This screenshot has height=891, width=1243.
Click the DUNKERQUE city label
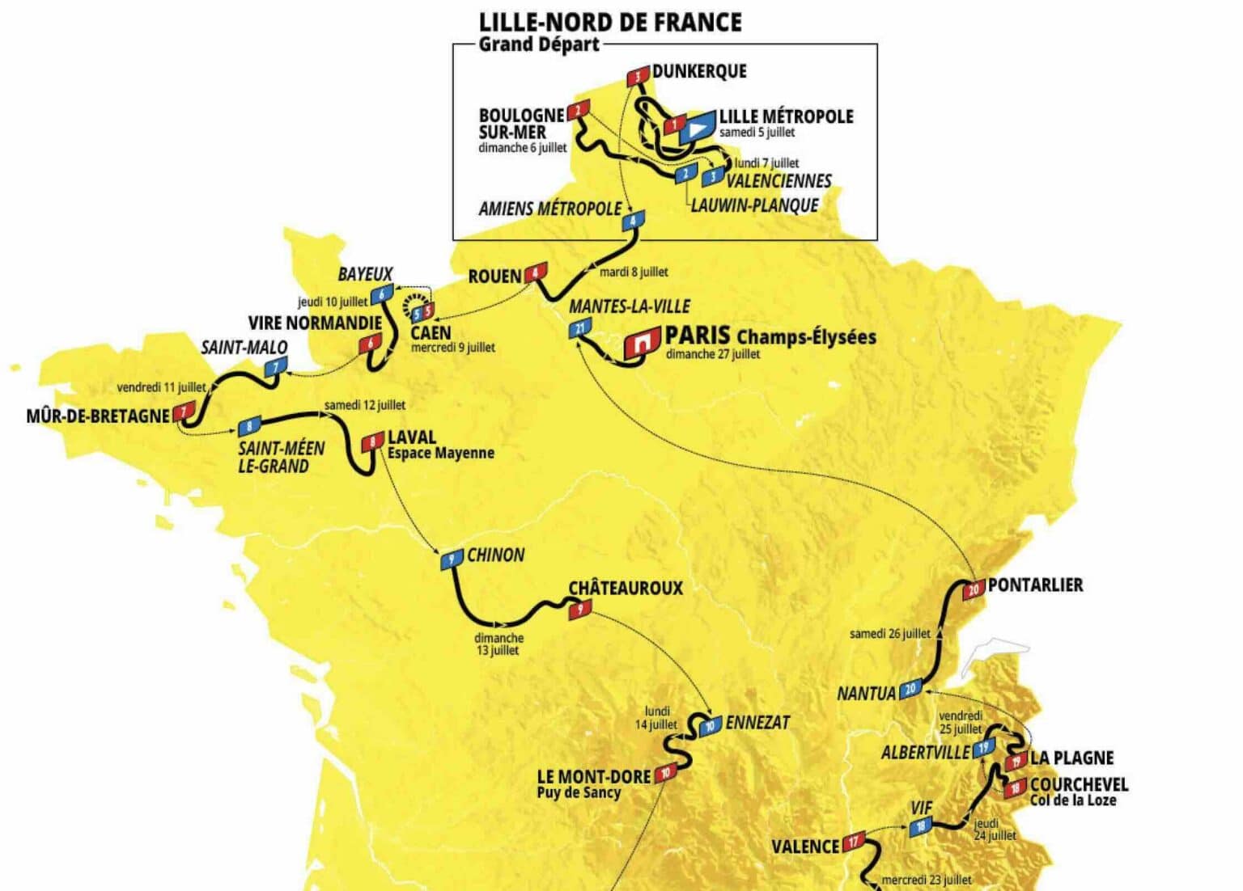[x=699, y=71]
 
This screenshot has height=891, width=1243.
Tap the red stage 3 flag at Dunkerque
[x=638, y=77]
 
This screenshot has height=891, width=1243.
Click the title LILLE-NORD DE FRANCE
[x=610, y=22]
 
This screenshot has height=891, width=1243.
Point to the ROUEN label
[x=494, y=277]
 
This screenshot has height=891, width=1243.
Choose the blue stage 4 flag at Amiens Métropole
[x=633, y=220]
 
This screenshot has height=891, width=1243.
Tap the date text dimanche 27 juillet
[x=712, y=354]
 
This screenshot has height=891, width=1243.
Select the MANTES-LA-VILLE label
[x=629, y=306]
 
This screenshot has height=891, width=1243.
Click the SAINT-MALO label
[x=244, y=348]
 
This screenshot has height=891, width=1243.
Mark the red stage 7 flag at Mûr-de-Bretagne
[x=185, y=412]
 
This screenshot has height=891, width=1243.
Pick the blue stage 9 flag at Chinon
[x=451, y=560]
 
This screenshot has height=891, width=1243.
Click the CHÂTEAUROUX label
[x=625, y=589]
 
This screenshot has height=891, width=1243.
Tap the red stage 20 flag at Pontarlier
[x=974, y=589]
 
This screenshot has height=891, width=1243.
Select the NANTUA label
[x=866, y=694]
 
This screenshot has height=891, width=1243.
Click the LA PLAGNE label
[x=1071, y=758]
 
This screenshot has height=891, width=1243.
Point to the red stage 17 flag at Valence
[x=854, y=841]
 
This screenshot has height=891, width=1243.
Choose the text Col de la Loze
[x=1072, y=800]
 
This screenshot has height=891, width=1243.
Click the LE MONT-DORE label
[x=593, y=776]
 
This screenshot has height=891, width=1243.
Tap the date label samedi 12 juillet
[x=364, y=405]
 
